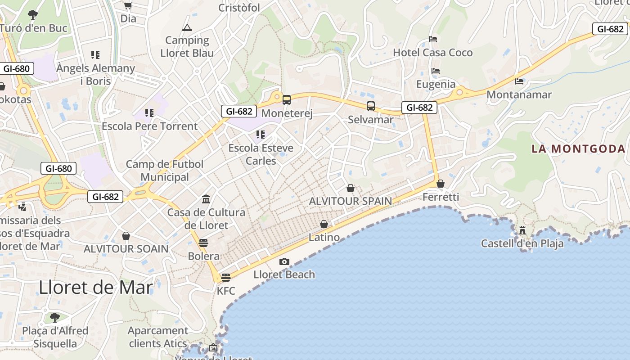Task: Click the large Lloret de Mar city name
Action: [96, 288]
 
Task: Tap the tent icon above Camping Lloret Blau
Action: [187, 28]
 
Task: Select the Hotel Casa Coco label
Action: [433, 53]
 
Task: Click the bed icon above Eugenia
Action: [435, 71]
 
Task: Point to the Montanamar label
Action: [519, 95]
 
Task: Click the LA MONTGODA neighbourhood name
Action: [578, 148]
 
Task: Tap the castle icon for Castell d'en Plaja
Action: [522, 230]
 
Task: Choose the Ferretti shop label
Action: [441, 197]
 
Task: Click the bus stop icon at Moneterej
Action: [287, 99]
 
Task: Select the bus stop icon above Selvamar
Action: [370, 106]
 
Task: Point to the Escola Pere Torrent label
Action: [149, 126]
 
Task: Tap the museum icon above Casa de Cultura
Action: [206, 199]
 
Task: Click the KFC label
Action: [226, 291]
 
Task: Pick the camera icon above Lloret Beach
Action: [284, 261]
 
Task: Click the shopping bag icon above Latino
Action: [324, 224]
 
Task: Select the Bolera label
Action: [203, 256]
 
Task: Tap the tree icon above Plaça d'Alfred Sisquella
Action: [55, 318]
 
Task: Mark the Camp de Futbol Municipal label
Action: [165, 171]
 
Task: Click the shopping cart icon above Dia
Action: [128, 6]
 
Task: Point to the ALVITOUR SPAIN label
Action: [350, 201]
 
